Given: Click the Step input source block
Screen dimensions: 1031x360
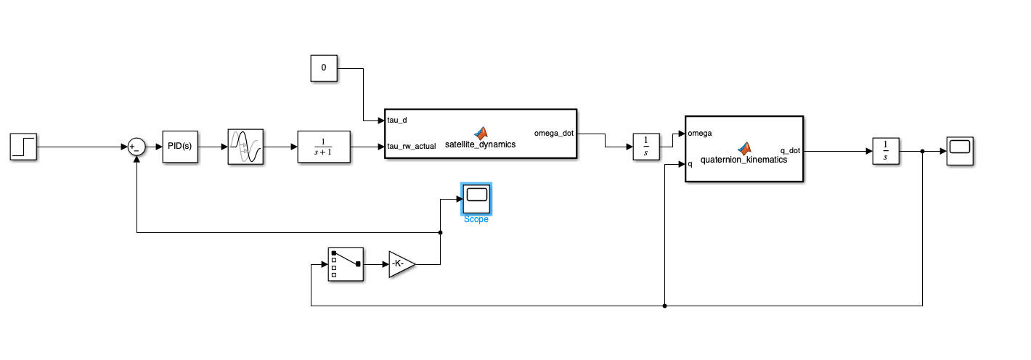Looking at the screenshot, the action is coord(23,147).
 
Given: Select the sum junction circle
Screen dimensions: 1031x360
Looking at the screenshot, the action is coord(136,147).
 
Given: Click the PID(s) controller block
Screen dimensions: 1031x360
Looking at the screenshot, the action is coord(180,147).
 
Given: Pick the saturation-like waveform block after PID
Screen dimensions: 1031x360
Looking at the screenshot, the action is coord(246,147).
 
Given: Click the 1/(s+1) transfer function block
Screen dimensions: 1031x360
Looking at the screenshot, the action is coord(324,147).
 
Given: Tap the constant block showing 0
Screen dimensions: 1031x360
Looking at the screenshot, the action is coord(324,68).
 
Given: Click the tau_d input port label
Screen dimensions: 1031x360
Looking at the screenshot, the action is coord(396,120).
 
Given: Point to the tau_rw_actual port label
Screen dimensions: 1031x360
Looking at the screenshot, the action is coord(412,147).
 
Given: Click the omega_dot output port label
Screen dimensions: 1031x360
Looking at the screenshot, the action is coord(554,134).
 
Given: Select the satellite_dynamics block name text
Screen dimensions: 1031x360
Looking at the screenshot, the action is coord(480,144).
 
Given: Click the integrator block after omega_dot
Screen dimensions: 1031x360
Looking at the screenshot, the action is coord(646,147).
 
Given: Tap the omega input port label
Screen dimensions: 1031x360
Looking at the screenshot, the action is coord(700,134).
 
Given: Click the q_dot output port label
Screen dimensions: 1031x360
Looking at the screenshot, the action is coord(790,151).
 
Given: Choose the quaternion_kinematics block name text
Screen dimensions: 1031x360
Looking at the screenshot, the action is coord(743,160).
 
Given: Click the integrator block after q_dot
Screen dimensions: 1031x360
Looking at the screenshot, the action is coord(886,151).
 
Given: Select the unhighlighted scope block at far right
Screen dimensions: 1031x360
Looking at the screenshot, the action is coord(960,151).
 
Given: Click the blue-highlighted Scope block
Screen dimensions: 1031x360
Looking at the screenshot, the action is coord(476,199).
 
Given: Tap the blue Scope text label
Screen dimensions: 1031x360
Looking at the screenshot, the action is coord(476,220).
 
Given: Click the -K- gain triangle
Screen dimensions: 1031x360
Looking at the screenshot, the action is coord(402,264).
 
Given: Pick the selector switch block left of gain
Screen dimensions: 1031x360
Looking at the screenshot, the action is coord(346,264).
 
